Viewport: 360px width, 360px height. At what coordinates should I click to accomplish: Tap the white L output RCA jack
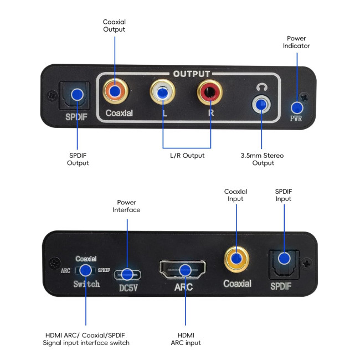click(163, 92)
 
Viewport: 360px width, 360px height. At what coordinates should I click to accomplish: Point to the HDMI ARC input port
click(182, 270)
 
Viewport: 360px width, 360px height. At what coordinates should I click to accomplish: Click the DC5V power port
click(127, 274)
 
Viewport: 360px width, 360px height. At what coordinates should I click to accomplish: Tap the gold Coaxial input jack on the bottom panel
click(236, 259)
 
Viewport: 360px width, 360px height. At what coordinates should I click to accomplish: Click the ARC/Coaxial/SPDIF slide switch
click(86, 270)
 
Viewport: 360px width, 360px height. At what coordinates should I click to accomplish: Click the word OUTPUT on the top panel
click(191, 74)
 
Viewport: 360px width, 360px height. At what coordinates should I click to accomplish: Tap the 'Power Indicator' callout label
click(296, 42)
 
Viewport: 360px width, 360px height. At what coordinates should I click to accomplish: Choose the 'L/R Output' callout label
click(187, 156)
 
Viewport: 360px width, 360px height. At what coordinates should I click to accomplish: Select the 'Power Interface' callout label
click(127, 206)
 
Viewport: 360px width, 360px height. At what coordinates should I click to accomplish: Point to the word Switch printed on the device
click(86, 284)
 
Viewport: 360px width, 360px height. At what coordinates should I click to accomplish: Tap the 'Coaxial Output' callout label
click(114, 25)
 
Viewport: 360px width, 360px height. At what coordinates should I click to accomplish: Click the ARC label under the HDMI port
click(183, 287)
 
